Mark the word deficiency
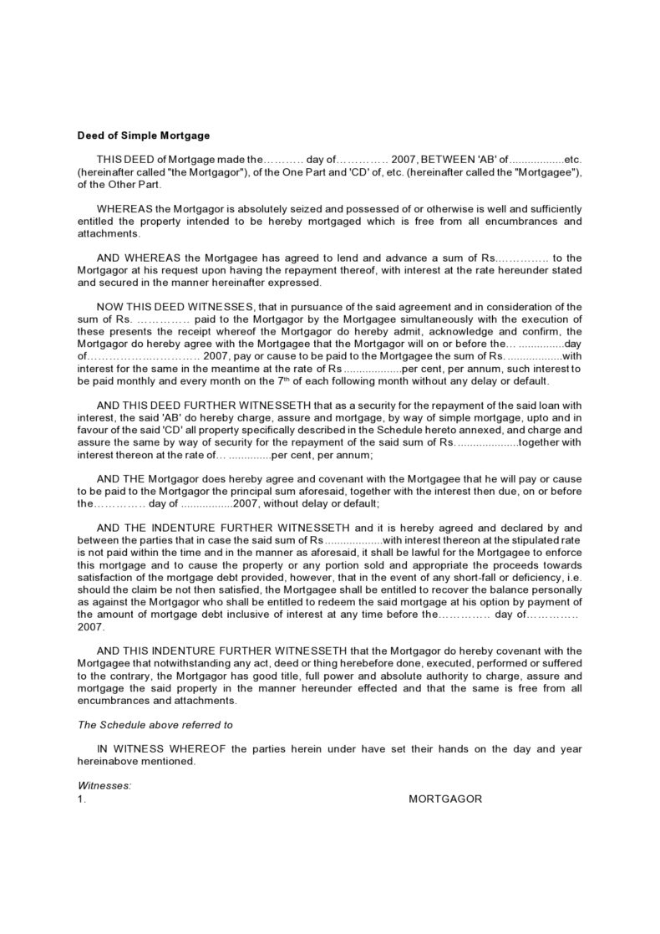click(542, 577)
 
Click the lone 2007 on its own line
click(89, 626)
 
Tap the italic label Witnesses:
click(104, 786)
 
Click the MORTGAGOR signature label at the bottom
click(445, 799)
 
